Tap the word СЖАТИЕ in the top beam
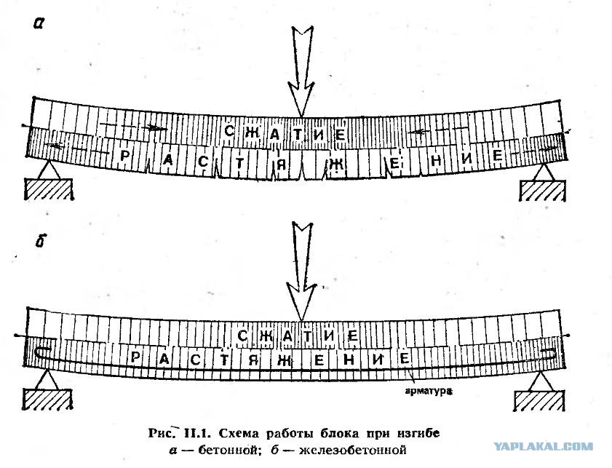(x=285, y=133)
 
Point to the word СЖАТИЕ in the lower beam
(x=298, y=336)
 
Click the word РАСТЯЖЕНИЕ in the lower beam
(x=269, y=359)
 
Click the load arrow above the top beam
(x=301, y=71)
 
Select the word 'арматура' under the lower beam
(x=429, y=390)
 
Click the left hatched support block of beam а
(x=49, y=189)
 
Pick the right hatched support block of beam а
(x=543, y=191)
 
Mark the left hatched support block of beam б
(x=47, y=400)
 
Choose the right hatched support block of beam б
(x=539, y=401)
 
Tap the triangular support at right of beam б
(x=541, y=381)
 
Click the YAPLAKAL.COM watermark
(x=544, y=446)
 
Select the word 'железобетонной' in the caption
(x=353, y=450)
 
